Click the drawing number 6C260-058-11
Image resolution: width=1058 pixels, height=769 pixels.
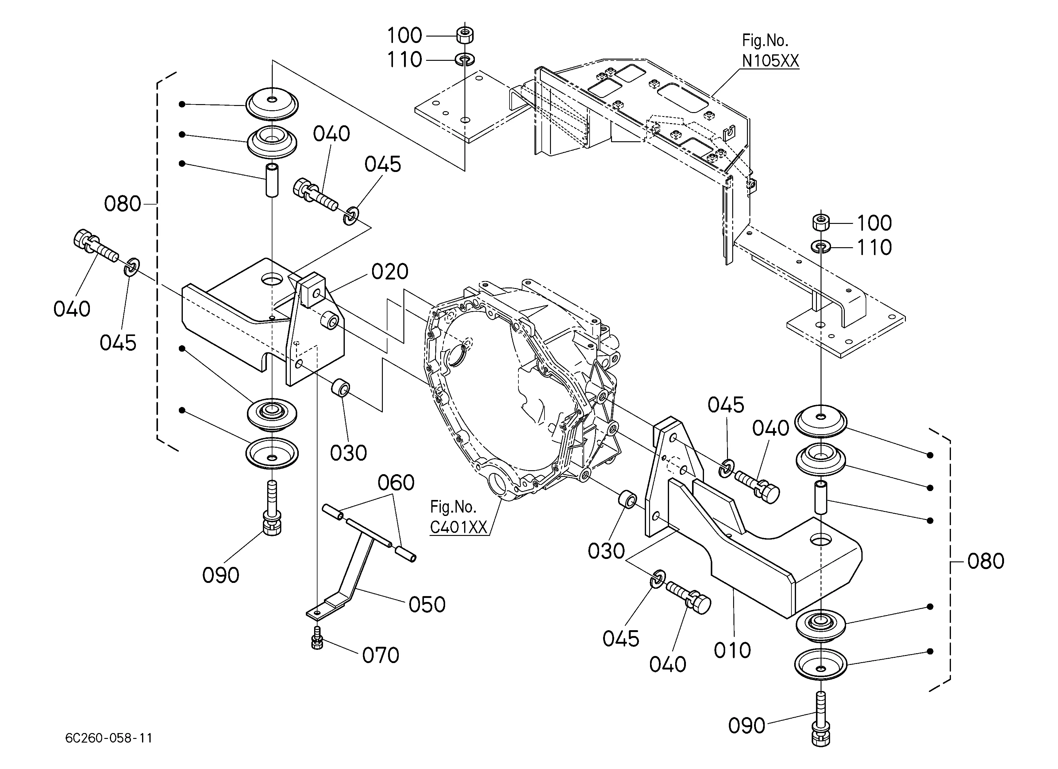(109, 738)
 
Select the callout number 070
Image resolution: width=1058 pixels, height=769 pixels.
(381, 656)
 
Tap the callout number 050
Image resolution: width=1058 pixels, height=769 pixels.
(427, 605)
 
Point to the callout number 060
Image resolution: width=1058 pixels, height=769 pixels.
(396, 483)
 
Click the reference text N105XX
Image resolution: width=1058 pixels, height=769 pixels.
(771, 61)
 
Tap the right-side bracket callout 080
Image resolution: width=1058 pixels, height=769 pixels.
(986, 561)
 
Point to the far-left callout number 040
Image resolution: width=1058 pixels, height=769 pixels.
(72, 309)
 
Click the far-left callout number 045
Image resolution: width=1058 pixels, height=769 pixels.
(118, 343)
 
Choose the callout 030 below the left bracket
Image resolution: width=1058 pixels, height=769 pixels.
(348, 453)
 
